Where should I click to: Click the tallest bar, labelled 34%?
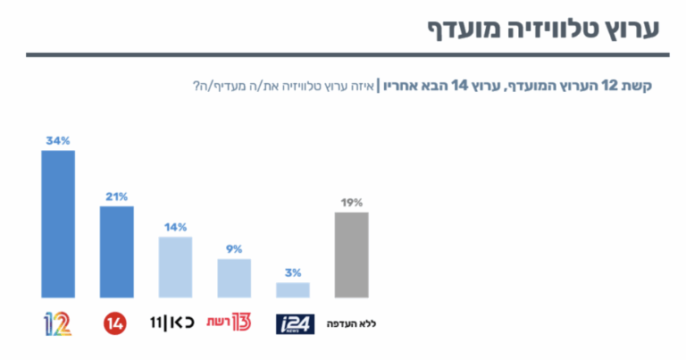coord(58,224)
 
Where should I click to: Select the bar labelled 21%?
coord(117,252)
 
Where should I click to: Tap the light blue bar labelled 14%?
coord(175,267)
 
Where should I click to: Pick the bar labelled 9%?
coord(234,278)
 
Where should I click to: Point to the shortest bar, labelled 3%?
coord(293,290)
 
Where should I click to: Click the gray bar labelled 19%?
coord(352,255)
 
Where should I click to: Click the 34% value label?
coord(58,141)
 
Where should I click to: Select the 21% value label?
coord(117,197)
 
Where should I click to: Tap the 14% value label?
coord(175,228)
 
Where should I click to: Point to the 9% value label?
coord(234,249)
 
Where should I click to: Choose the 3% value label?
coord(293,273)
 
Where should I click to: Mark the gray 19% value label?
coord(352,203)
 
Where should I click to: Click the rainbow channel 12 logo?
coord(58,324)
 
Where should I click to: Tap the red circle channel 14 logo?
coord(115,324)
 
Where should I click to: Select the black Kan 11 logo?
coord(172,323)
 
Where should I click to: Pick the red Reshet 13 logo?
coord(230,322)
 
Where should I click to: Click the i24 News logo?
coord(296,324)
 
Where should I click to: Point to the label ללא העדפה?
coord(351,324)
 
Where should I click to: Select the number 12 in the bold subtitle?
coord(609,86)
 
